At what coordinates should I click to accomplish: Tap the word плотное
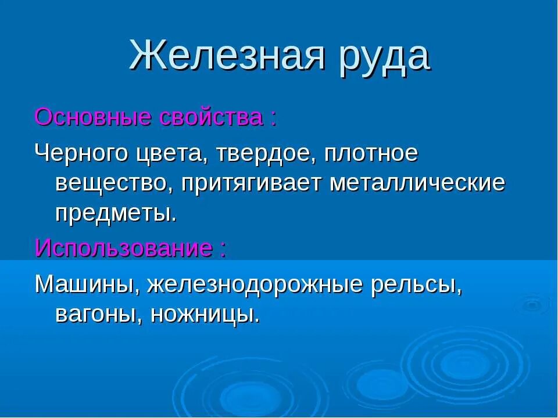371,155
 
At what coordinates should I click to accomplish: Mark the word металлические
417,183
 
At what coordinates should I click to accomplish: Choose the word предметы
116,214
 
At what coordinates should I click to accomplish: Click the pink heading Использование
123,248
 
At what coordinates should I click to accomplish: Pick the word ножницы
205,315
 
